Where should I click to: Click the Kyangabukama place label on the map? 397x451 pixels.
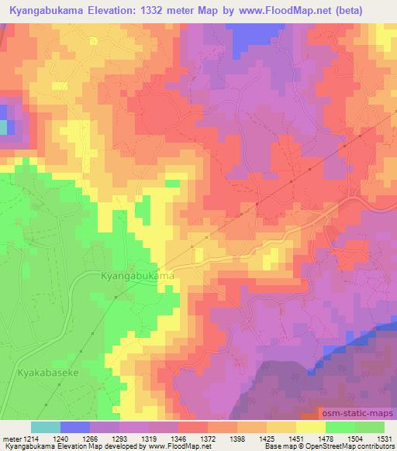[x=136, y=275]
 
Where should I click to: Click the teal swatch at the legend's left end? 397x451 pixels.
[x=46, y=427]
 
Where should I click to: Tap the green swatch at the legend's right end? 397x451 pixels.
[x=370, y=427]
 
